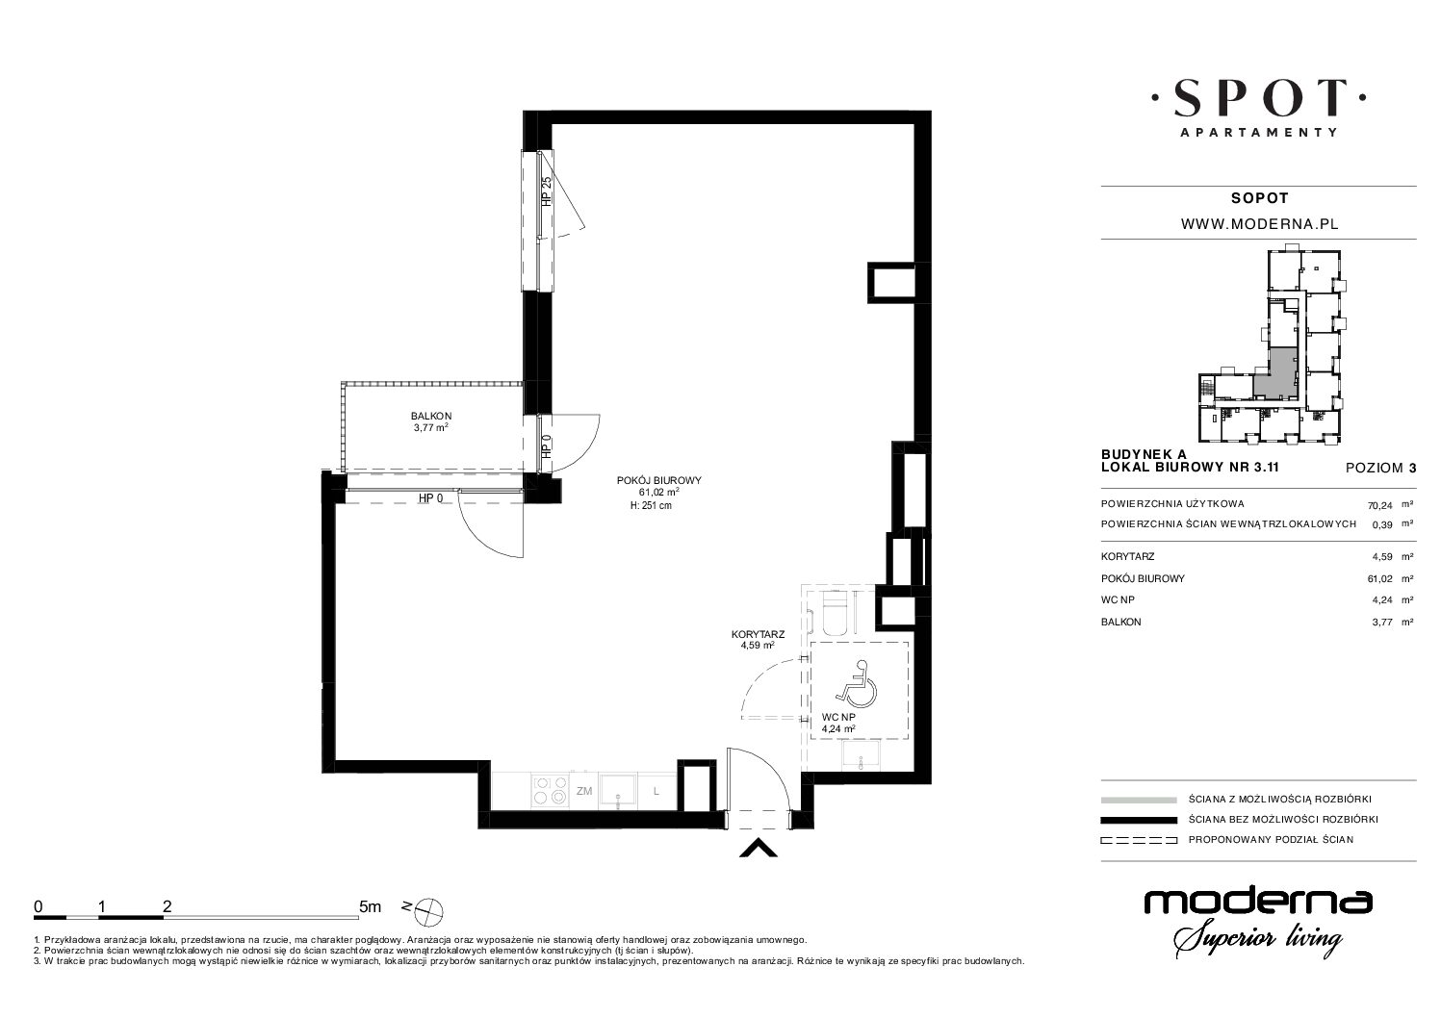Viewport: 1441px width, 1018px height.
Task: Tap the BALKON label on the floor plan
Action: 431,416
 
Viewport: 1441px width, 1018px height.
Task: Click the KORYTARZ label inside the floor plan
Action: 758,634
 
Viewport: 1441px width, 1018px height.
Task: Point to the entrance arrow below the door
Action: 759,849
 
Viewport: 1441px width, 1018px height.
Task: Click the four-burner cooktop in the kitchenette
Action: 551,790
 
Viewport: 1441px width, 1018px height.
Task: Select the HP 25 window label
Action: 547,191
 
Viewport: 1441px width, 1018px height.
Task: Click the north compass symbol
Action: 429,910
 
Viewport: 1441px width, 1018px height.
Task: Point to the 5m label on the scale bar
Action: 370,907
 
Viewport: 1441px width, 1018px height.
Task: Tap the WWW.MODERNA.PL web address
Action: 1259,224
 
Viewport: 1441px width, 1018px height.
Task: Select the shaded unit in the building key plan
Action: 1276,377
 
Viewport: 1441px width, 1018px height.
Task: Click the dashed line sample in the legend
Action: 1139,840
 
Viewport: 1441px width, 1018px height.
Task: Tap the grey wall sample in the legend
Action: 1139,800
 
